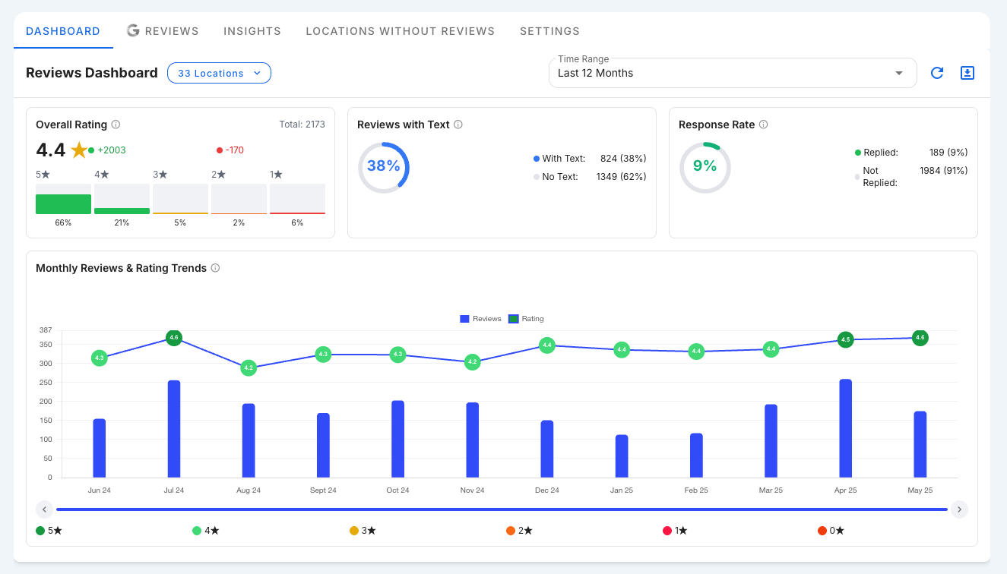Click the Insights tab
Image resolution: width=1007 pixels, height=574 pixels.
252,31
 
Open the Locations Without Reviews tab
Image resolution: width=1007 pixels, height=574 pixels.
400,31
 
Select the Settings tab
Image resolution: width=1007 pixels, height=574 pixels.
549,31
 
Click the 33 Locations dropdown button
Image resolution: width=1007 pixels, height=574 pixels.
219,73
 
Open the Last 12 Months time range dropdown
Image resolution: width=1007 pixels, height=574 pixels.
732,73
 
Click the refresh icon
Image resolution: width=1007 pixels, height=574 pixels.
937,73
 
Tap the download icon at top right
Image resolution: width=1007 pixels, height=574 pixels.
967,73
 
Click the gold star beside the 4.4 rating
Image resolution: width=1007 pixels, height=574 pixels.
79,150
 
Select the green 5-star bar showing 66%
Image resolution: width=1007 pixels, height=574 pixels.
63,204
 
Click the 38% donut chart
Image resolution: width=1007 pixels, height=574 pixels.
383,166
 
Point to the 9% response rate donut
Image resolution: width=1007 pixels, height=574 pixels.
705,166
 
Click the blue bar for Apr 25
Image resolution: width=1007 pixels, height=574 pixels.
845,428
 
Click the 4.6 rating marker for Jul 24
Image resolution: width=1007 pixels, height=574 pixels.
174,338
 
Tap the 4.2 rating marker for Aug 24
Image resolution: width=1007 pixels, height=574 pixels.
249,367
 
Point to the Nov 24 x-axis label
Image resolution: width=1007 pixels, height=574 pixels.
472,490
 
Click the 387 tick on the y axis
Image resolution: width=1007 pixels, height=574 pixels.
45,330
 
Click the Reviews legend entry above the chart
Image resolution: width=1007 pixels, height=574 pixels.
480,319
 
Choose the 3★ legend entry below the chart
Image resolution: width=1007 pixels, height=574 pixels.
363,531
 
